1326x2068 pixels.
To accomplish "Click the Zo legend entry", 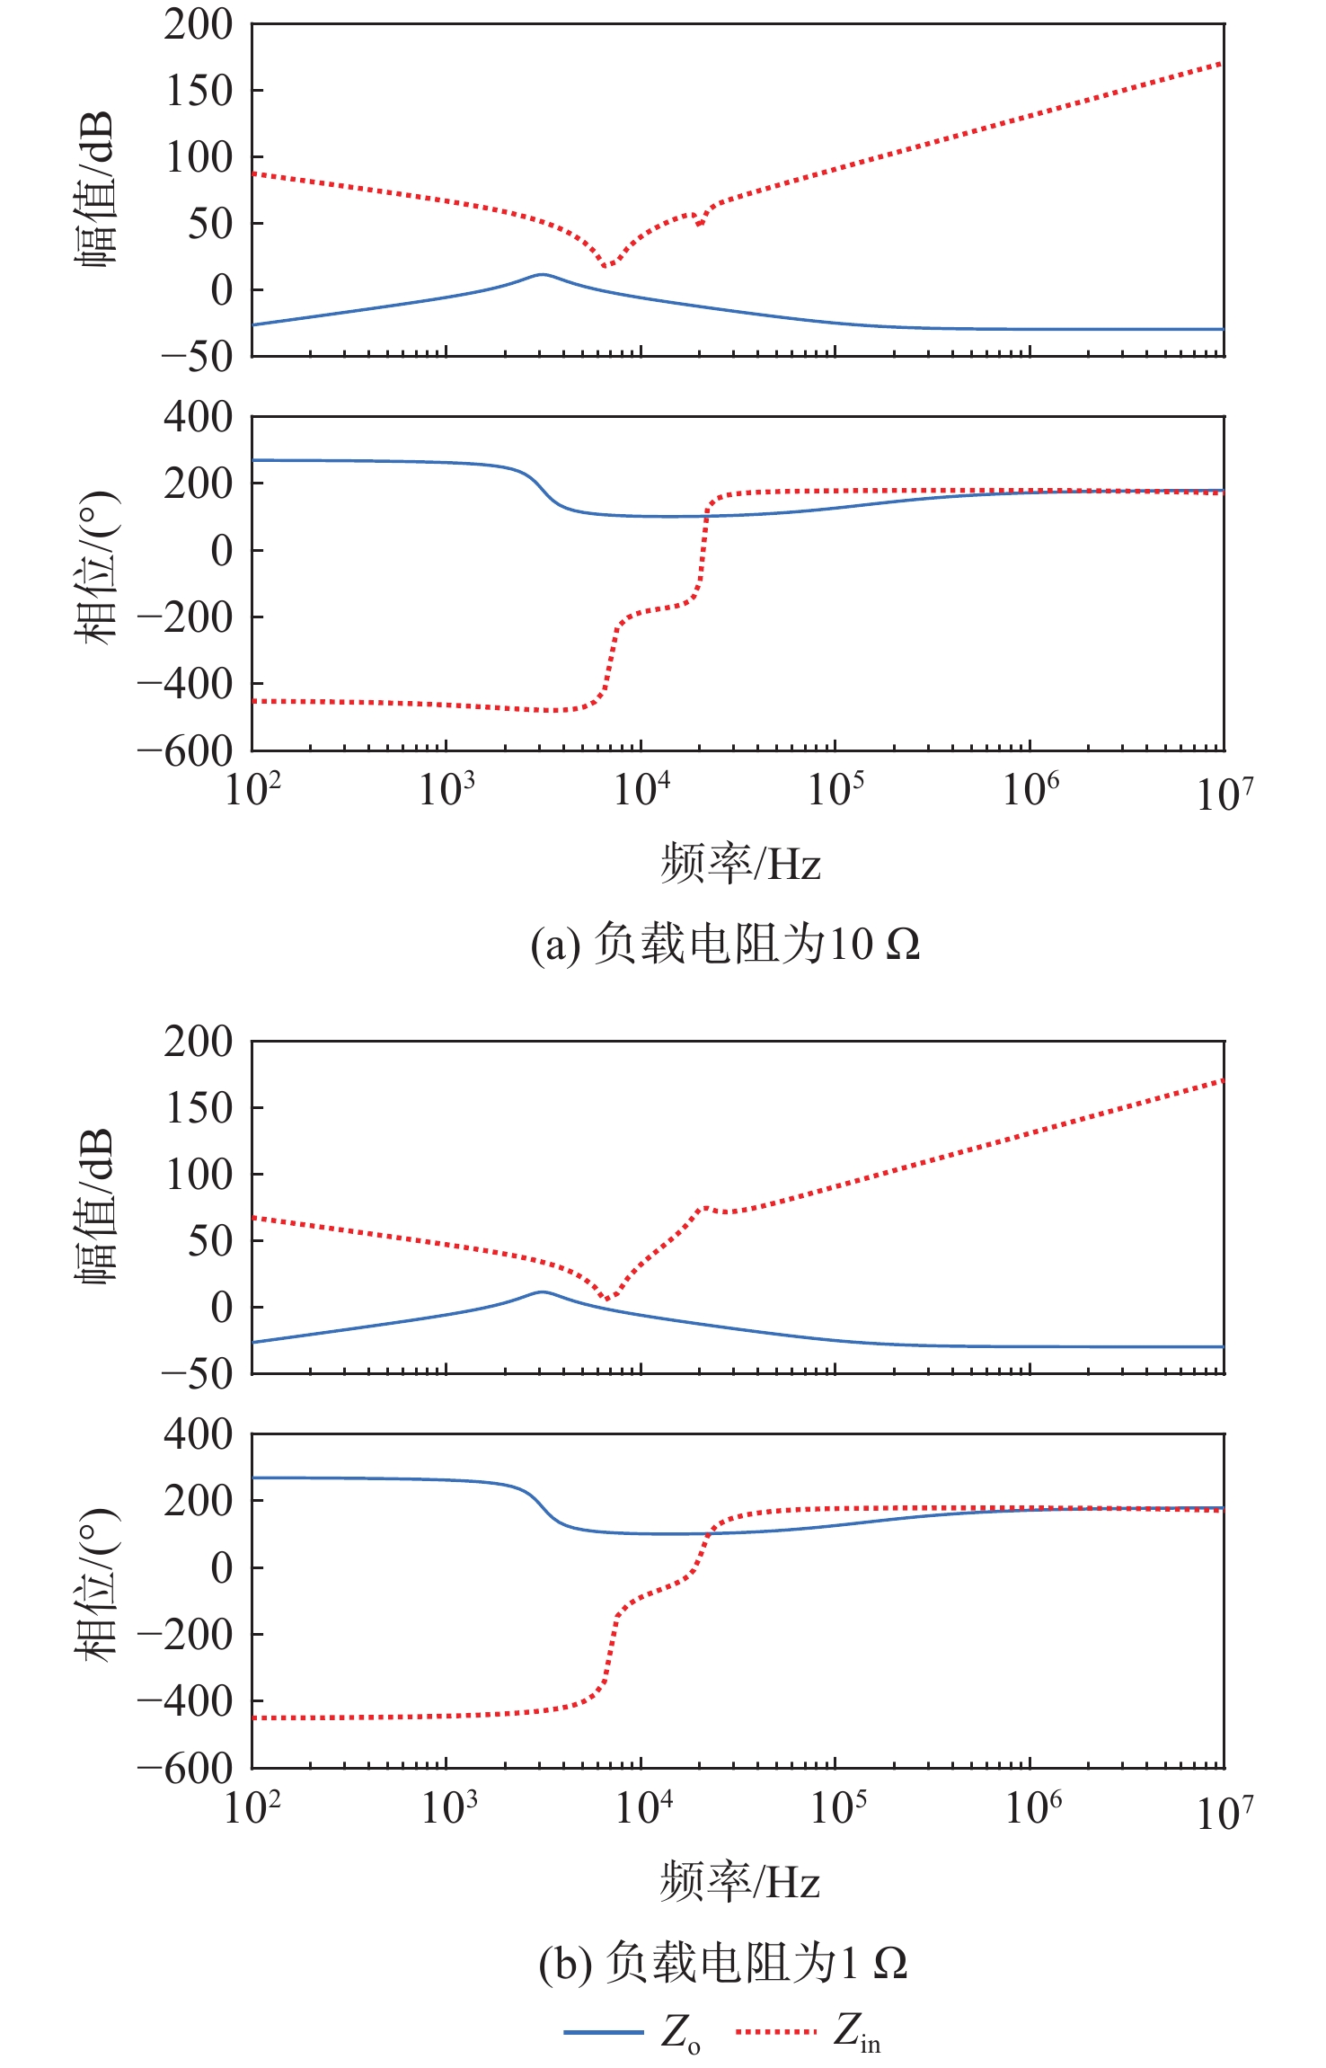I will coord(632,2030).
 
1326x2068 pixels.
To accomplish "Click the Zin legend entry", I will coord(809,2030).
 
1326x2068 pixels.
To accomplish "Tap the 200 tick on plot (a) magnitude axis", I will coord(199,24).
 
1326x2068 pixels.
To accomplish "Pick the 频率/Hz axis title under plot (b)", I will coord(741,1882).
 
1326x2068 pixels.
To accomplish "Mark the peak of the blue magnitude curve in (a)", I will coord(542,274).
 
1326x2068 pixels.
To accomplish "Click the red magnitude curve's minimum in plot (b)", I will coord(607,1298).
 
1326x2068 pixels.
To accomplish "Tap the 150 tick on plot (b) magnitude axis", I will coord(199,1108).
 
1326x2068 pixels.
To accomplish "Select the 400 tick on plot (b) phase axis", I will coord(199,1434).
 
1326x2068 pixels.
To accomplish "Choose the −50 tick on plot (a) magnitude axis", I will coord(197,357).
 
